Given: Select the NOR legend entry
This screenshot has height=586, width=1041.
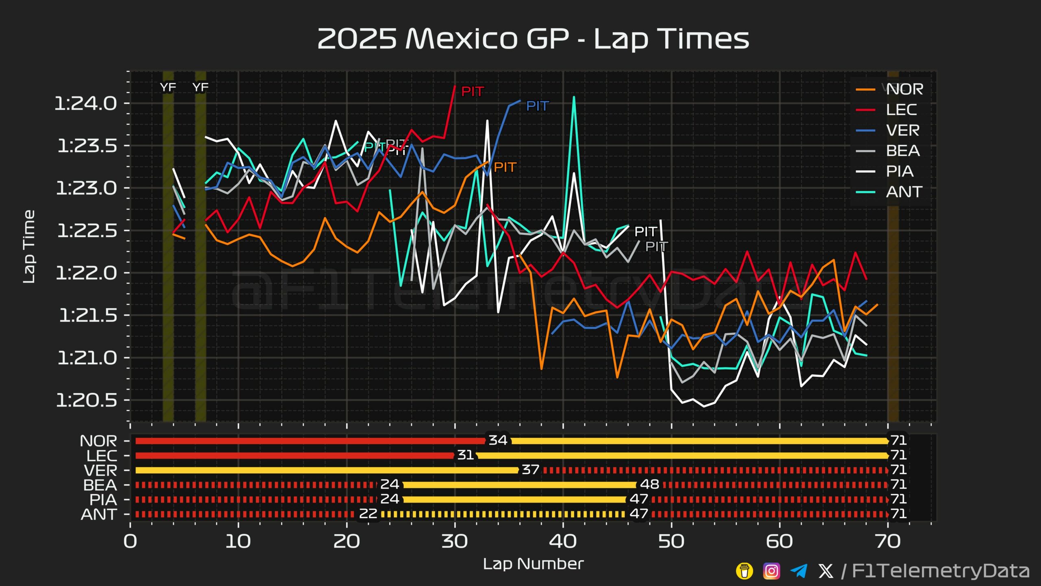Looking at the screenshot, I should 904,89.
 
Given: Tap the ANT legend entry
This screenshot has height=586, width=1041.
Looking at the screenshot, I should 904,192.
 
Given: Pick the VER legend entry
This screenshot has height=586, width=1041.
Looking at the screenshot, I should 903,130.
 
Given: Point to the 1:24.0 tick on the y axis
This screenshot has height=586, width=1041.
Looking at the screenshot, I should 86,103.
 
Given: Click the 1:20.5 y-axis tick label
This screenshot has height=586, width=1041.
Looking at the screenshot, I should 87,400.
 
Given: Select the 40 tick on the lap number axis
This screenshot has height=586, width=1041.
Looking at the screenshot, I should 563,541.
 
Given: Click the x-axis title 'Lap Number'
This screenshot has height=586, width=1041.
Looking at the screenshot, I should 533,564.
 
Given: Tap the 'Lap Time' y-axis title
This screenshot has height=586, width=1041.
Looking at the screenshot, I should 29,247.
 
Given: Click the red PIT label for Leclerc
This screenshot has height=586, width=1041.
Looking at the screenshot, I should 472,92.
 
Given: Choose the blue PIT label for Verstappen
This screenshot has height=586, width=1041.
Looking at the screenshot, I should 537,106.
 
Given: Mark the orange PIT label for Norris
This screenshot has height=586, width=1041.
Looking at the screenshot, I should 505,167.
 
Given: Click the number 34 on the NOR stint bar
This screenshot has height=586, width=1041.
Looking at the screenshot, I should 498,440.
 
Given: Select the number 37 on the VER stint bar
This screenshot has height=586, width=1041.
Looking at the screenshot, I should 531,470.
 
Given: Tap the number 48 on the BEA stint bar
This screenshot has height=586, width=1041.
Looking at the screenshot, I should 649,484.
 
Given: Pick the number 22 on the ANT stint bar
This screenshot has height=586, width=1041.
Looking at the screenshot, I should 368,514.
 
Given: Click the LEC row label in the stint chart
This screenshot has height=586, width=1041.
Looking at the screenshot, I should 102,456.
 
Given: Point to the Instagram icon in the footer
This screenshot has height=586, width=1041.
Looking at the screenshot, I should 771,571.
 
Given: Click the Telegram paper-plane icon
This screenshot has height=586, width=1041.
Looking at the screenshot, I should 799,571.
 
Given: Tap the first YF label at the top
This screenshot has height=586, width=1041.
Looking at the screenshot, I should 168,87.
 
